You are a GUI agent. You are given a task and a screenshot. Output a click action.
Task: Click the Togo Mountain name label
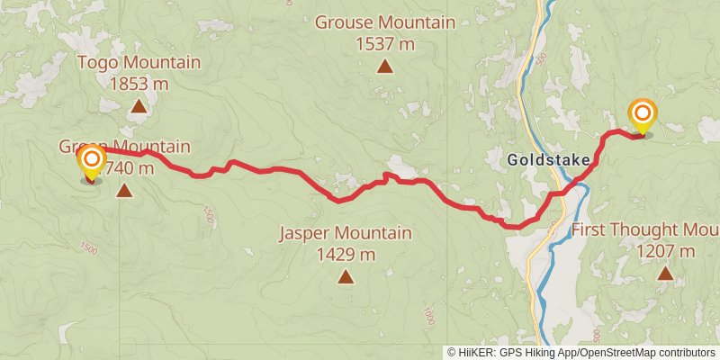click(139, 63)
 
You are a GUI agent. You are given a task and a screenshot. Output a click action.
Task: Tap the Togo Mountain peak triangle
click(139, 107)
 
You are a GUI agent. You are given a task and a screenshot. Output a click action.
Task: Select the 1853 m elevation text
click(139, 84)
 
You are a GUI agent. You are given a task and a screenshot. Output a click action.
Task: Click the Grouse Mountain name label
click(384, 22)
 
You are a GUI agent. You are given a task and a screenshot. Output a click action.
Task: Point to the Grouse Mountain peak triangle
click(384, 66)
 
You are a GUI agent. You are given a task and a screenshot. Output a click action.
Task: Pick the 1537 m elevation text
click(384, 42)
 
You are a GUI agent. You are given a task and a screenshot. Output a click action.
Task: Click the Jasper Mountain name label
click(346, 234)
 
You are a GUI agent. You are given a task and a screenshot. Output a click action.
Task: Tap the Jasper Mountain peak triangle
click(346, 276)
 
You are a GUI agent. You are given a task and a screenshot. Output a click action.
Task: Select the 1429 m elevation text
click(346, 255)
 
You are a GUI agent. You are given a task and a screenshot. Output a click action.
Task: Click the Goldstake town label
click(549, 161)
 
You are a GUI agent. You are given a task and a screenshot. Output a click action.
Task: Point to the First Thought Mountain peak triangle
click(665, 273)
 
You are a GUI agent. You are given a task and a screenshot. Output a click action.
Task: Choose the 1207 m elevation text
click(665, 251)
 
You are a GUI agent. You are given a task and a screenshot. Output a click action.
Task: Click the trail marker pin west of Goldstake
click(92, 163)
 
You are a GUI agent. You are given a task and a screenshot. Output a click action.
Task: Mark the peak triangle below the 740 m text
click(124, 190)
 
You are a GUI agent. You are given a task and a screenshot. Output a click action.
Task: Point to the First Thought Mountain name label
click(644, 229)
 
